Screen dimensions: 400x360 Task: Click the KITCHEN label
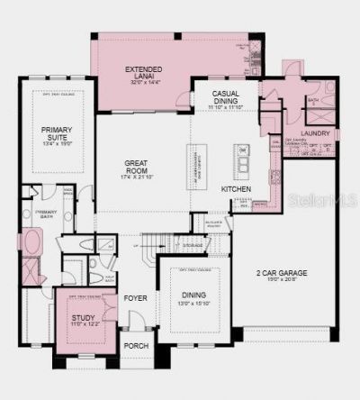click(x=236, y=189)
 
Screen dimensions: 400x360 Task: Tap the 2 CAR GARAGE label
click(x=278, y=271)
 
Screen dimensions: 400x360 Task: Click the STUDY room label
click(x=82, y=317)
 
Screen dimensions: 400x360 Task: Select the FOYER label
click(x=135, y=297)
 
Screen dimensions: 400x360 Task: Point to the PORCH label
click(x=136, y=345)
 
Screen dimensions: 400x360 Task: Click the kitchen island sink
click(x=241, y=163)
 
